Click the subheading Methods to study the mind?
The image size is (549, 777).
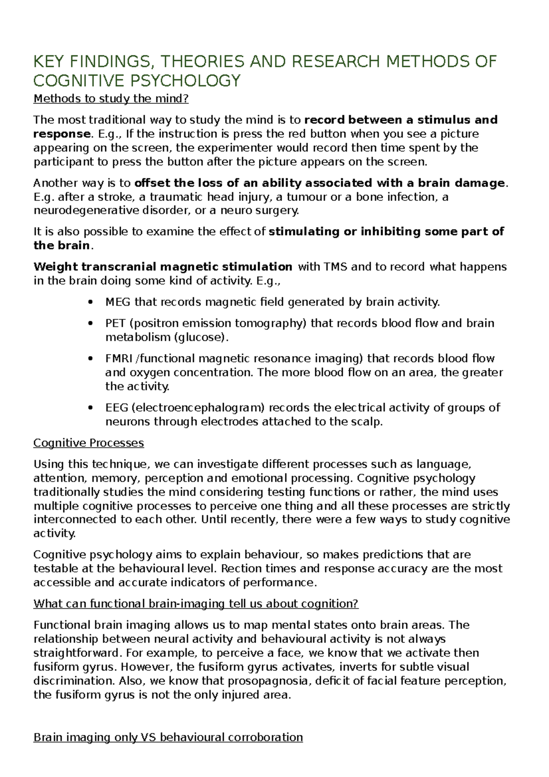[x=111, y=98]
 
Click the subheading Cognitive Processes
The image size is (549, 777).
[x=89, y=443]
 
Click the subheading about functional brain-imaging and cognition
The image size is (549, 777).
[x=196, y=604]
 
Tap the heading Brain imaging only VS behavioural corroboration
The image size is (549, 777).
[x=168, y=738]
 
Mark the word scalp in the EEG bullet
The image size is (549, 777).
[x=367, y=422]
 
